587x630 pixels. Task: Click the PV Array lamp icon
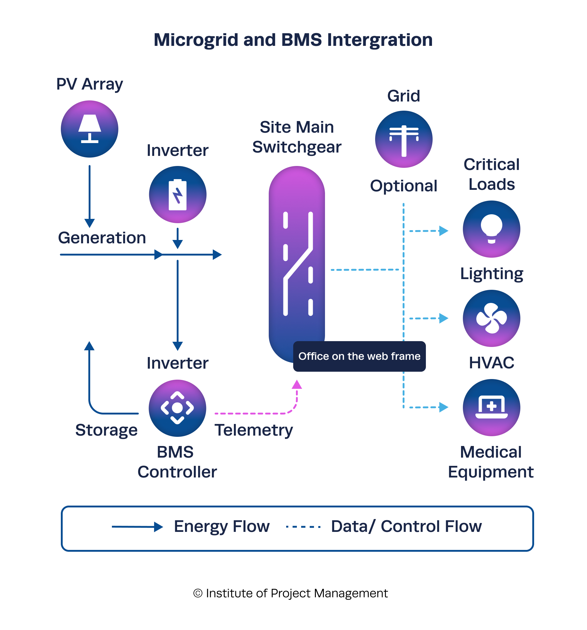pyautogui.click(x=89, y=129)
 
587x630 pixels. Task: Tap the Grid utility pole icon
pyautogui.click(x=403, y=139)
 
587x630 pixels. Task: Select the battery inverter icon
pyautogui.click(x=178, y=194)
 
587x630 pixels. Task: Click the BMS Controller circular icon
pyautogui.click(x=177, y=408)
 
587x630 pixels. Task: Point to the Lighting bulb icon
pyautogui.click(x=491, y=229)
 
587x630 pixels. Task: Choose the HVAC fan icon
pyautogui.click(x=491, y=318)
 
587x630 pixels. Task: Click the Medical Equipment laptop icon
pyautogui.click(x=491, y=407)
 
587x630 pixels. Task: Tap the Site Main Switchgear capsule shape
pyautogui.click(x=296, y=253)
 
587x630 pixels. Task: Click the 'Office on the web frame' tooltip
pyautogui.click(x=359, y=356)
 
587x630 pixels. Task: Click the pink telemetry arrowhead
pyautogui.click(x=296, y=384)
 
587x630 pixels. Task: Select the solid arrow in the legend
pyautogui.click(x=137, y=526)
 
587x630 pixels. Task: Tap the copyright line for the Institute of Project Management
pyautogui.click(x=290, y=593)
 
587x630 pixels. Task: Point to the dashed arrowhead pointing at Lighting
pyautogui.click(x=443, y=231)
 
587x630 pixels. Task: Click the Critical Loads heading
pyautogui.click(x=491, y=174)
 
